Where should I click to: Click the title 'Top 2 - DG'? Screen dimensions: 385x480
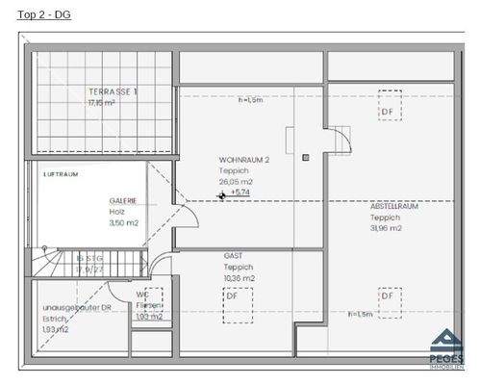44,15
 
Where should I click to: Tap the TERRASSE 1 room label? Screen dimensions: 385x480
112,91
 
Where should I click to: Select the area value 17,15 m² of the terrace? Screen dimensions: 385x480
101,102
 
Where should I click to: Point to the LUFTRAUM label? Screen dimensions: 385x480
60,174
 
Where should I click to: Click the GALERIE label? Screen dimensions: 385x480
123,201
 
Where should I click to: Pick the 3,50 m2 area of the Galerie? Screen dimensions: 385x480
124,222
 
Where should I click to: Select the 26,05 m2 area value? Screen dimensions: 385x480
236,181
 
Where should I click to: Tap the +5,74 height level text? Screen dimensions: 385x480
240,192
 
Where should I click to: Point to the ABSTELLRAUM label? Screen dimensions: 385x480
393,206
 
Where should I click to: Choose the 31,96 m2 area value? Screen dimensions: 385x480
386,228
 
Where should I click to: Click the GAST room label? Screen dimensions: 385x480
233,256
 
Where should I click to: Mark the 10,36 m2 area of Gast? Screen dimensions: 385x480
239,278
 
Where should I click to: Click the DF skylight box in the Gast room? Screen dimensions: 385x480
232,297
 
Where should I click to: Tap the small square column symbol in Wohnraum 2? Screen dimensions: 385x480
305,157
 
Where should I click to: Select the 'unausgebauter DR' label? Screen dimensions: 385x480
72,308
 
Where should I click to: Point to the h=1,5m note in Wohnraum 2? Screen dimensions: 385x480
251,99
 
